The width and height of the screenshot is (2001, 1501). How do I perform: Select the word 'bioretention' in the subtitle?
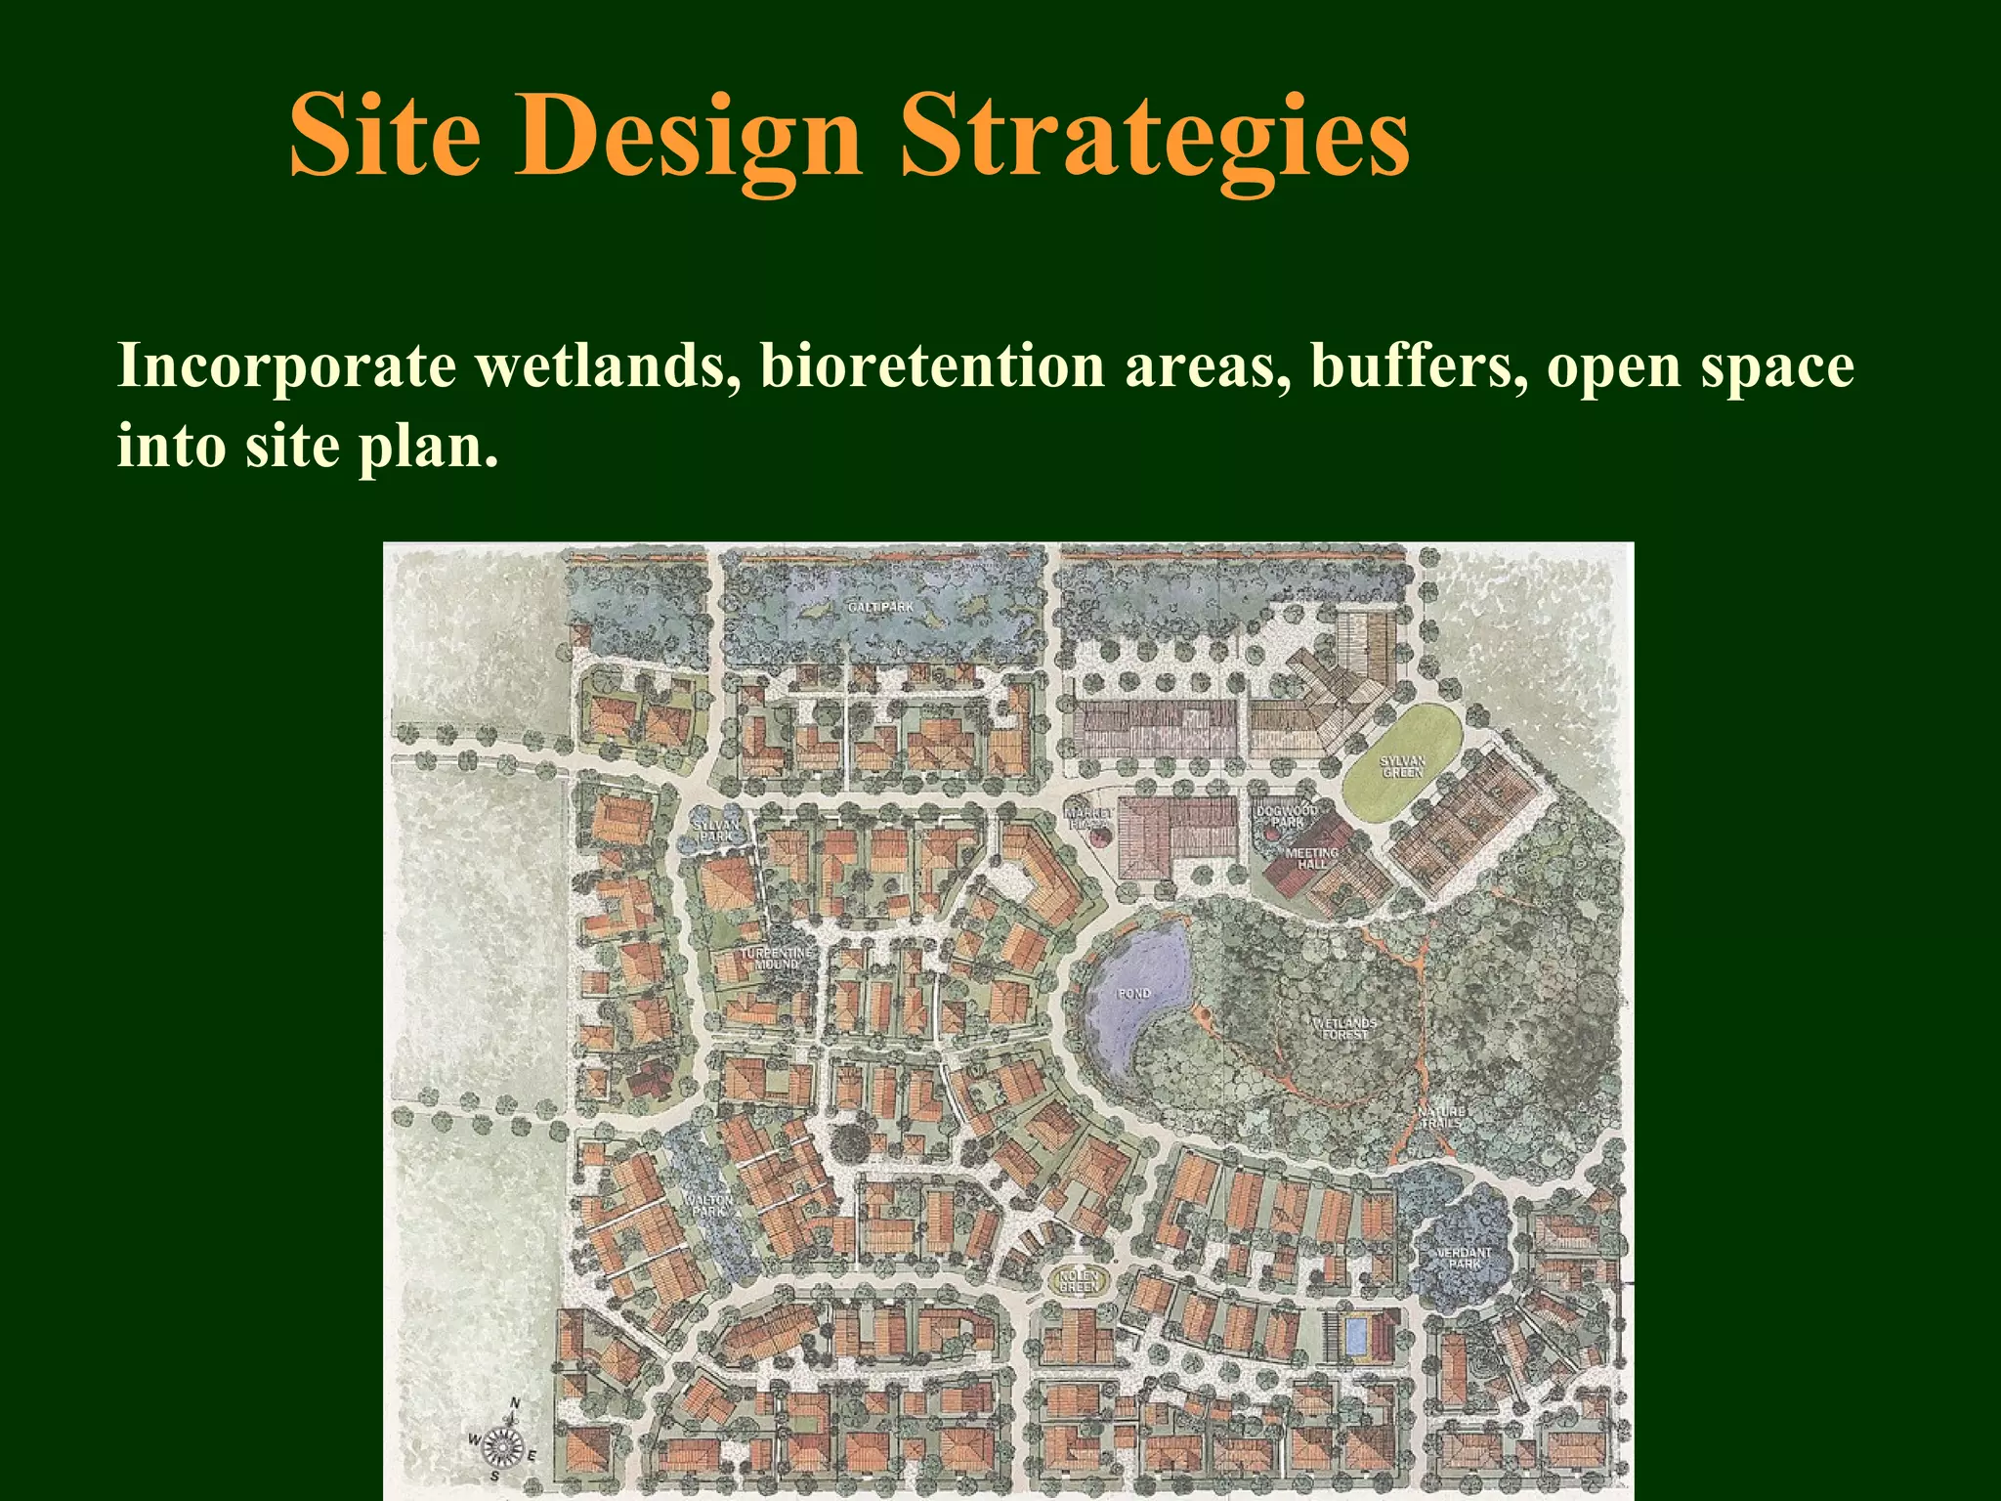932,366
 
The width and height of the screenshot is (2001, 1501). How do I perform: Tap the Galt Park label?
880,608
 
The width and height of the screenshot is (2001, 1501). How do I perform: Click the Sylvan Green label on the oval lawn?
1402,766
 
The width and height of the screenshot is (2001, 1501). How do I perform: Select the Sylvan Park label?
716,831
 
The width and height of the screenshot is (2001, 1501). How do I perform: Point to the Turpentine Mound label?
776,958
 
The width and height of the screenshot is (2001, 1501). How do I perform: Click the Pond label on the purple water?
1134,994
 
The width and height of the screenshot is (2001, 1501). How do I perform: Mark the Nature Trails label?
1441,1117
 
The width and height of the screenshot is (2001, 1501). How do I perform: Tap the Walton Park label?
708,1206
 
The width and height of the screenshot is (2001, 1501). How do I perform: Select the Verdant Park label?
1464,1258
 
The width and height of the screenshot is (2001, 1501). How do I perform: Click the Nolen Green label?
1079,1281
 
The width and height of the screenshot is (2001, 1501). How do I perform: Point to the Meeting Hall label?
1312,859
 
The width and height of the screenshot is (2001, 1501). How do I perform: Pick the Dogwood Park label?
1287,817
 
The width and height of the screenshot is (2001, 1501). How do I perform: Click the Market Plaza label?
1087,819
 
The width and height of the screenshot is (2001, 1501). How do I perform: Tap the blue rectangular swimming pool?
1355,1336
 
